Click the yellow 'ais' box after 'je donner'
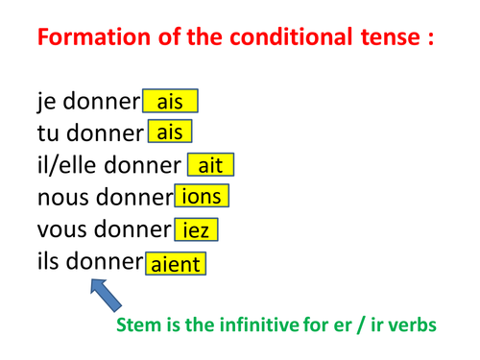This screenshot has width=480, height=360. click(x=170, y=101)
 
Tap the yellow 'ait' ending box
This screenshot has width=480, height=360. click(x=210, y=165)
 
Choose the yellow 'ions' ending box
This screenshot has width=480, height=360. click(x=201, y=198)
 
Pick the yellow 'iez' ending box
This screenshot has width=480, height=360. click(x=196, y=230)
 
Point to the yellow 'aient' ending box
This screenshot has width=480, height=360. click(x=175, y=263)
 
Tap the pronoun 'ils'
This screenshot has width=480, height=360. click(x=50, y=262)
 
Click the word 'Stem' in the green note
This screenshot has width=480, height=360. click(x=135, y=324)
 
